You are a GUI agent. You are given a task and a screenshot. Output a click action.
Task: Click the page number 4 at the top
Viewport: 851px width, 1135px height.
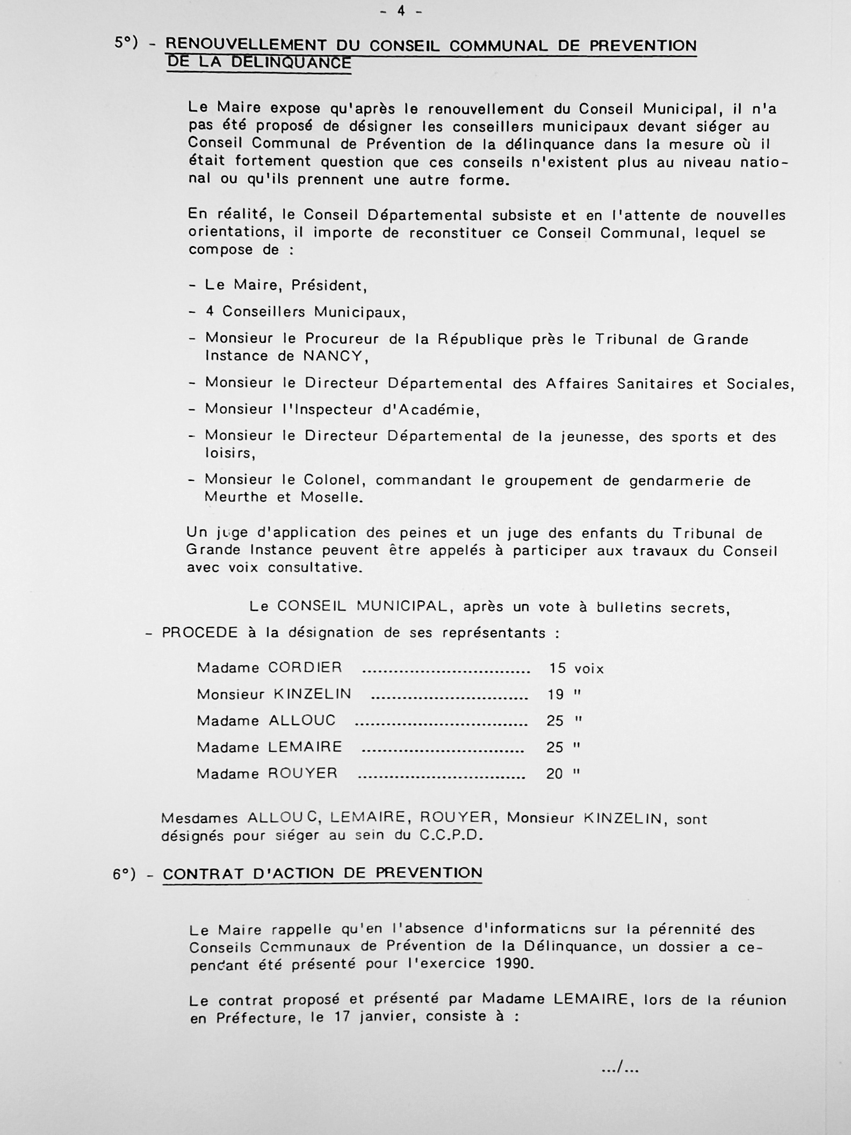tap(401, 11)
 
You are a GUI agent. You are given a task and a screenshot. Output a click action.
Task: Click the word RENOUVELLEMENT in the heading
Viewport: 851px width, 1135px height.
tap(246, 46)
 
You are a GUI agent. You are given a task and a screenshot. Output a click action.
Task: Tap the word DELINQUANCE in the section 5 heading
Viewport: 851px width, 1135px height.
tap(291, 62)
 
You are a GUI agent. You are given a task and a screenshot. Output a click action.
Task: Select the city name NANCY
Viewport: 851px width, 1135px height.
tap(333, 356)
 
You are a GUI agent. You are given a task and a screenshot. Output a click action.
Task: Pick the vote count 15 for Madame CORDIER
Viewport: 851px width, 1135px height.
tap(557, 669)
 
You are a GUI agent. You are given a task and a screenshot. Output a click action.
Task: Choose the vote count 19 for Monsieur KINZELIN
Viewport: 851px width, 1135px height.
tap(555, 695)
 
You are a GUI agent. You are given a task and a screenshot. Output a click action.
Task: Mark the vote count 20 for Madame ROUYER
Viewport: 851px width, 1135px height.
tap(554, 774)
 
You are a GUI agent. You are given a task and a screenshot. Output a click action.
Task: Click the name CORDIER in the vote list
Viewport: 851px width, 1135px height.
tap(305, 667)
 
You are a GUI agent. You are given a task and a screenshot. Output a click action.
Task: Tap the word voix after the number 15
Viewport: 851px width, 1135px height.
tap(589, 669)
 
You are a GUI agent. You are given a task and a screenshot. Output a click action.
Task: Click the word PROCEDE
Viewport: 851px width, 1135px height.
tap(199, 633)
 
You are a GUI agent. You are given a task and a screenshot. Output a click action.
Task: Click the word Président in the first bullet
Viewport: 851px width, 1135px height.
tap(329, 285)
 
